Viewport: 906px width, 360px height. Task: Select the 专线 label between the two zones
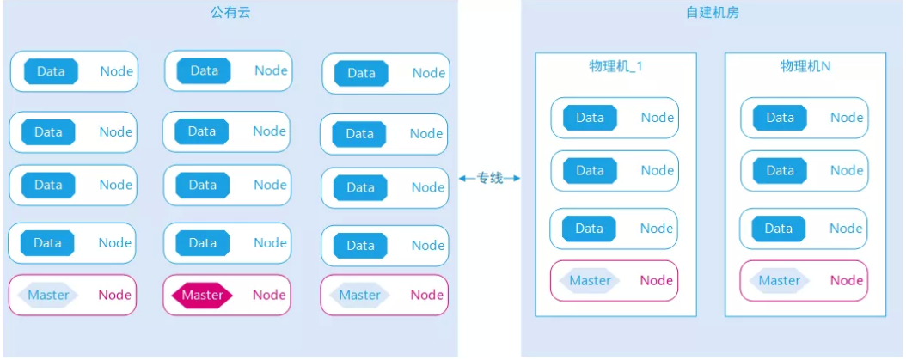[490, 178]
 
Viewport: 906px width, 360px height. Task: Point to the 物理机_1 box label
[615, 66]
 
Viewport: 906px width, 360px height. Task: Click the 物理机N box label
[805, 66]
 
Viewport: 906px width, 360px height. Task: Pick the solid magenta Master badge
[202, 295]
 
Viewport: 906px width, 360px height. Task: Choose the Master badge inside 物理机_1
[590, 280]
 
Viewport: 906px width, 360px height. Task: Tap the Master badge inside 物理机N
[779, 280]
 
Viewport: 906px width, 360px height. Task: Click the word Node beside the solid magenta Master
[269, 295]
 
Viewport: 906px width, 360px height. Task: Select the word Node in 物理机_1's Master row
[657, 280]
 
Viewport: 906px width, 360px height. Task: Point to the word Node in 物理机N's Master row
[846, 280]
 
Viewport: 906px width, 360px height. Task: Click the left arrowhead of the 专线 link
[462, 178]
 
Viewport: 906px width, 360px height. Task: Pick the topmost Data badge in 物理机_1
[590, 118]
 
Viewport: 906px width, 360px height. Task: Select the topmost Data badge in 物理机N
[780, 118]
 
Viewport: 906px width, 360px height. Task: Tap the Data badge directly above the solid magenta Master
[202, 243]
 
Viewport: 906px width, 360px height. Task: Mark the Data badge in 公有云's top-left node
[51, 71]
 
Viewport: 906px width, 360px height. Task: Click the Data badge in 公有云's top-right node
[361, 73]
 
